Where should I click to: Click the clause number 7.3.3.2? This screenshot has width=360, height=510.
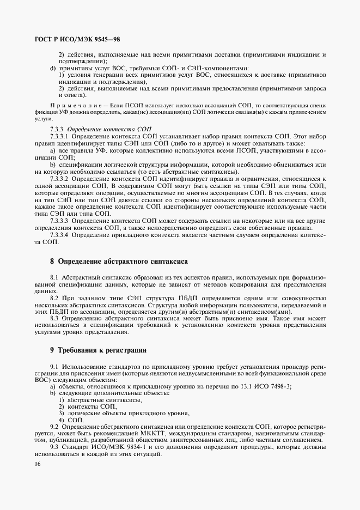(59, 178)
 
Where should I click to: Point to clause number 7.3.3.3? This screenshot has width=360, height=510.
(59, 221)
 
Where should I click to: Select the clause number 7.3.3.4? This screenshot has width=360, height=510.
(59, 235)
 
